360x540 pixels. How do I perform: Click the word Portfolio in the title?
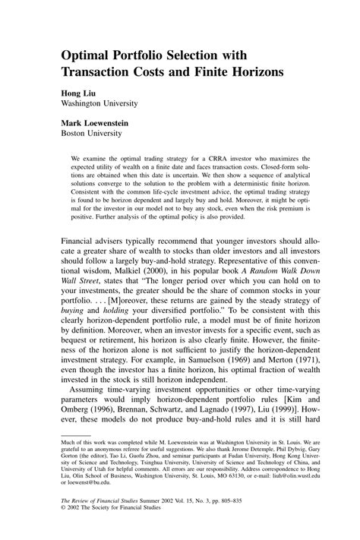coord(143,56)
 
